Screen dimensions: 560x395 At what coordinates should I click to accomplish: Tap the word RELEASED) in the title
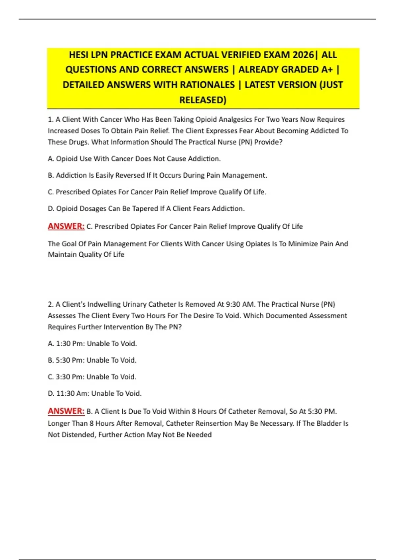(x=203, y=100)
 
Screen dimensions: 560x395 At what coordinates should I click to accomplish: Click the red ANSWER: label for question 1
(x=66, y=226)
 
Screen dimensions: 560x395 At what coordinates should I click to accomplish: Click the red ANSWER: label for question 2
(x=66, y=411)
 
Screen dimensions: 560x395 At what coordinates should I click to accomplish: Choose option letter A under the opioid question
(x=51, y=159)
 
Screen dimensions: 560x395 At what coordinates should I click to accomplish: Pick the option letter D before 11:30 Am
(x=51, y=393)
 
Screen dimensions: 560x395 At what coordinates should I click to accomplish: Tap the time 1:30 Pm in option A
(x=70, y=344)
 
